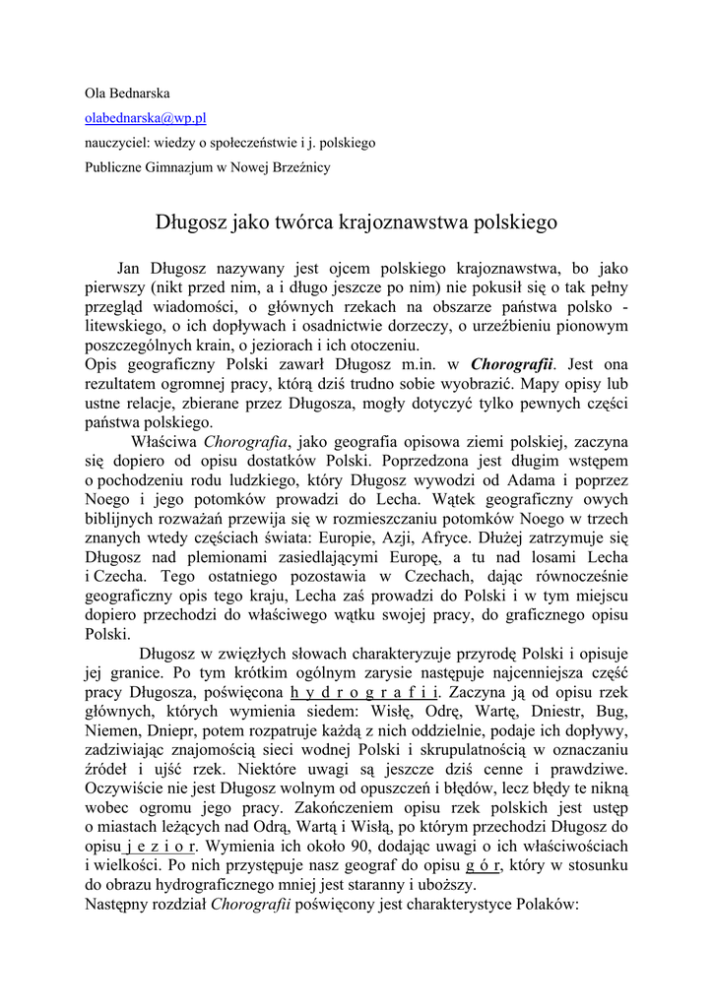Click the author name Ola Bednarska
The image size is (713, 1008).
pyautogui.click(x=127, y=94)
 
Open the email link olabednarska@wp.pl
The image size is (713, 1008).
pyautogui.click(x=145, y=118)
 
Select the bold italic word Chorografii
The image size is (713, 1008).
pyautogui.click(x=512, y=364)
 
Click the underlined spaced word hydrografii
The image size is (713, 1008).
pyautogui.click(x=361, y=692)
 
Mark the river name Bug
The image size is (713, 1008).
pyautogui.click(x=611, y=711)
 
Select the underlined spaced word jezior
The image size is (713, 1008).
pyautogui.click(x=162, y=847)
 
